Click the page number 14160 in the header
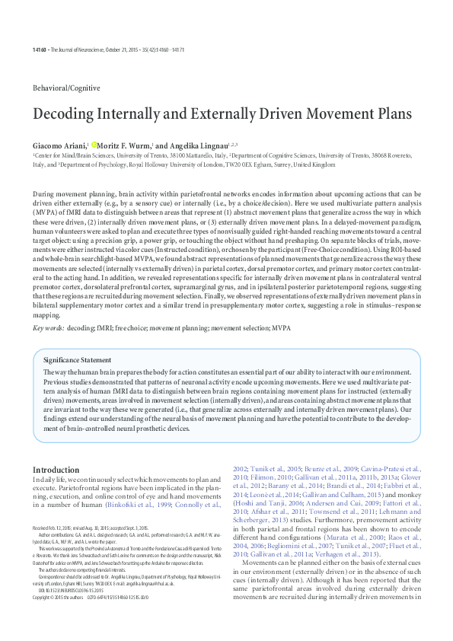[x=39, y=50]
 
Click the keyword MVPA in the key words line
[x=301, y=328]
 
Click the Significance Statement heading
[x=77, y=360]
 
